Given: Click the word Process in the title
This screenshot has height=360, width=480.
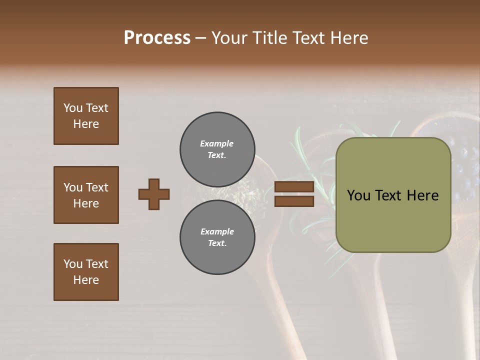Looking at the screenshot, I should click(x=157, y=38).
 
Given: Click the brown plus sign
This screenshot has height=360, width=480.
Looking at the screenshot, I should click(x=154, y=194).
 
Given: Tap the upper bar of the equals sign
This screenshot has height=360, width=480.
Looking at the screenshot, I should click(x=294, y=187).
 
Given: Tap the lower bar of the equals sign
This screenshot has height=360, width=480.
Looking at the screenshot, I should click(x=294, y=201).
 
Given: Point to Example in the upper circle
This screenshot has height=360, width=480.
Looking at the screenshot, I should click(x=216, y=143).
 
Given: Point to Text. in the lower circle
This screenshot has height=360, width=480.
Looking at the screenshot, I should click(x=217, y=243).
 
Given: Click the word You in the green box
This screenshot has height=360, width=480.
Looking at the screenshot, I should click(x=358, y=195).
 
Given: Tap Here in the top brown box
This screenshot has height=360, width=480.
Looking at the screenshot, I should click(x=86, y=124).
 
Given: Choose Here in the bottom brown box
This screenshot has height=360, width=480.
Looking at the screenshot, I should click(x=86, y=280).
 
